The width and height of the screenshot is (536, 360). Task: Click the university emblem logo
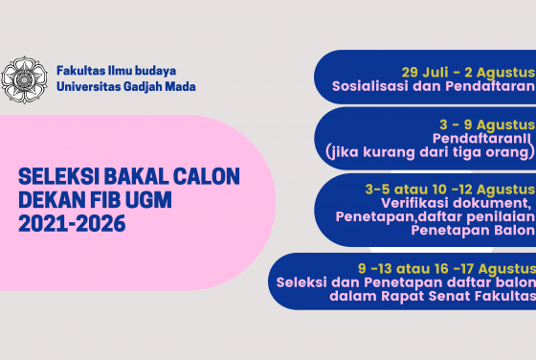click(x=24, y=79)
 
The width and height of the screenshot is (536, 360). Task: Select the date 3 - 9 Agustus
click(x=487, y=125)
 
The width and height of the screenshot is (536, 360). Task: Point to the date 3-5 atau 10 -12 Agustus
click(x=450, y=188)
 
